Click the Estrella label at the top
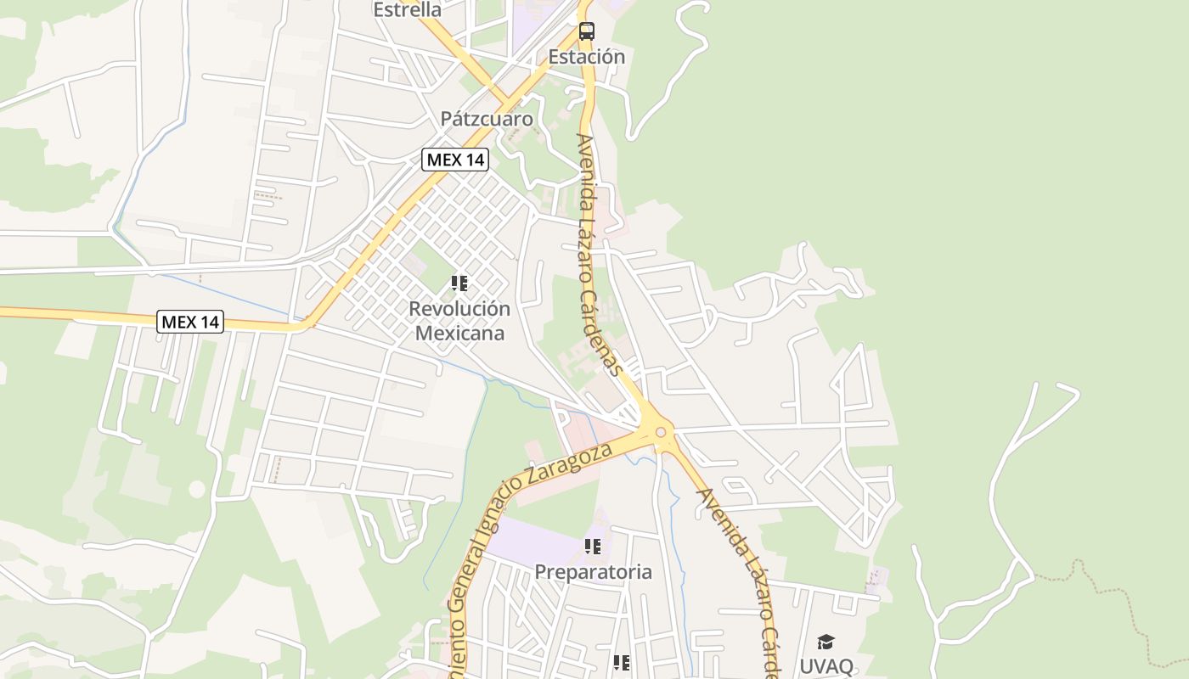point(408,10)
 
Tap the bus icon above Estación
point(586,31)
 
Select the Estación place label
point(586,57)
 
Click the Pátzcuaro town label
point(487,119)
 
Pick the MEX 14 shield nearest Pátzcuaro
point(455,160)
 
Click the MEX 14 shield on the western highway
point(190,322)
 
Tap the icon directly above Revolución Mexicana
point(459,283)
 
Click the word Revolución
point(459,309)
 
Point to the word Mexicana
point(459,334)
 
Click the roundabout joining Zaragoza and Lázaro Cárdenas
point(661,432)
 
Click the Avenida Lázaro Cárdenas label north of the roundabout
point(600,255)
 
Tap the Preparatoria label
point(593,572)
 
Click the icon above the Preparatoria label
point(593,547)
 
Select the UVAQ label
point(826,665)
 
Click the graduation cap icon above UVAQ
point(826,642)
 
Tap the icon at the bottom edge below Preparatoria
point(621,663)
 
